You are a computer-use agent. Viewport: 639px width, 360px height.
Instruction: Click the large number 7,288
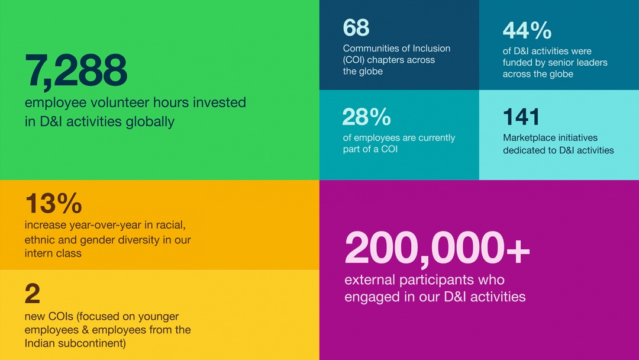pyautogui.click(x=76, y=70)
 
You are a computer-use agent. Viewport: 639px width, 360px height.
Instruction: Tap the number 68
pyautogui.click(x=356, y=28)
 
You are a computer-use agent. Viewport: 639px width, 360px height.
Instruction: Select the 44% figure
pyautogui.click(x=527, y=30)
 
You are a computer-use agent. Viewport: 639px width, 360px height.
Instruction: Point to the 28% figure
pyautogui.click(x=366, y=117)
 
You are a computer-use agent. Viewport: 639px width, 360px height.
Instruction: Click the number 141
pyautogui.click(x=521, y=117)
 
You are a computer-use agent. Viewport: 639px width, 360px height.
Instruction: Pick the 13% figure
pyautogui.click(x=53, y=203)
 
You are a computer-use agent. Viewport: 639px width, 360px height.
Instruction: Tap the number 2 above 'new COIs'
pyautogui.click(x=33, y=294)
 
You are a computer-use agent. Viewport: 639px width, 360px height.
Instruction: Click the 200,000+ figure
pyautogui.click(x=437, y=248)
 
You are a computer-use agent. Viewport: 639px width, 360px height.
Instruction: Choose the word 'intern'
pyautogui.click(x=37, y=253)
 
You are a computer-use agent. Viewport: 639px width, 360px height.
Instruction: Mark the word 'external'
pyautogui.click(x=370, y=280)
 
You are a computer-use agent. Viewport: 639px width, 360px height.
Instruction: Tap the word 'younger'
pyautogui.click(x=161, y=317)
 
